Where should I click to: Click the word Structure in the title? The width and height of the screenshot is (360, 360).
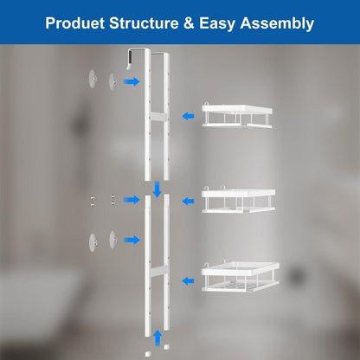(x=144, y=23)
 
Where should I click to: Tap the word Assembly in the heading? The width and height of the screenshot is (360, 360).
(x=277, y=24)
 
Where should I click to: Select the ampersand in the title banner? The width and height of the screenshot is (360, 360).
(x=189, y=23)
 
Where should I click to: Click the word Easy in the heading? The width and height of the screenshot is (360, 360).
(x=217, y=24)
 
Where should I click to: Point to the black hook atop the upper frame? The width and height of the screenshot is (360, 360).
(x=129, y=60)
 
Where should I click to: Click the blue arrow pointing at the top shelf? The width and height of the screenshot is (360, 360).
(x=188, y=116)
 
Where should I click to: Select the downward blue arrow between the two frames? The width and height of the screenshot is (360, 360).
(x=157, y=189)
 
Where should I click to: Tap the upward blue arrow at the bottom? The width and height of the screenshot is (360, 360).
(x=157, y=337)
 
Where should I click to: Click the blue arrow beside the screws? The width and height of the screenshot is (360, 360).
(x=132, y=200)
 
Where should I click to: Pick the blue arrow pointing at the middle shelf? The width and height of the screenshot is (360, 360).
(x=188, y=201)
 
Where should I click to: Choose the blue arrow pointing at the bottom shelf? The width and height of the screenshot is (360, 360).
(x=188, y=280)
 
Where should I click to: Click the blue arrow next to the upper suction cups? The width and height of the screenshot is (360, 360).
(x=132, y=81)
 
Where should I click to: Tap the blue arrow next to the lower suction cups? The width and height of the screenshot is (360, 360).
(x=132, y=240)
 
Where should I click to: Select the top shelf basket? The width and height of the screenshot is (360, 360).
(x=237, y=115)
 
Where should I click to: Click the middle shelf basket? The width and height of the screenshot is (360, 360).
(x=238, y=199)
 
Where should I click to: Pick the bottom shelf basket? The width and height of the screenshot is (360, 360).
(x=241, y=276)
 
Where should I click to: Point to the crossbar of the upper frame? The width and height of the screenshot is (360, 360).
(x=157, y=117)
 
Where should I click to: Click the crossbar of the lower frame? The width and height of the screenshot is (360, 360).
(x=157, y=271)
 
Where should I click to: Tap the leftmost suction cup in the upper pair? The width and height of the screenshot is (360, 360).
(x=93, y=79)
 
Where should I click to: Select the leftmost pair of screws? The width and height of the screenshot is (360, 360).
(x=93, y=201)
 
